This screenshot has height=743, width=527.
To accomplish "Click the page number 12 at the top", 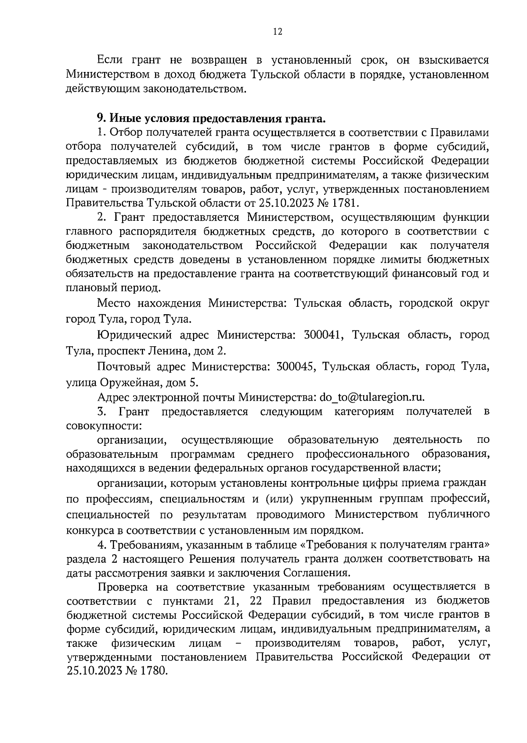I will click(x=277, y=32).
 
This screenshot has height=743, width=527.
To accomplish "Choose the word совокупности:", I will click(x=104, y=426).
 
